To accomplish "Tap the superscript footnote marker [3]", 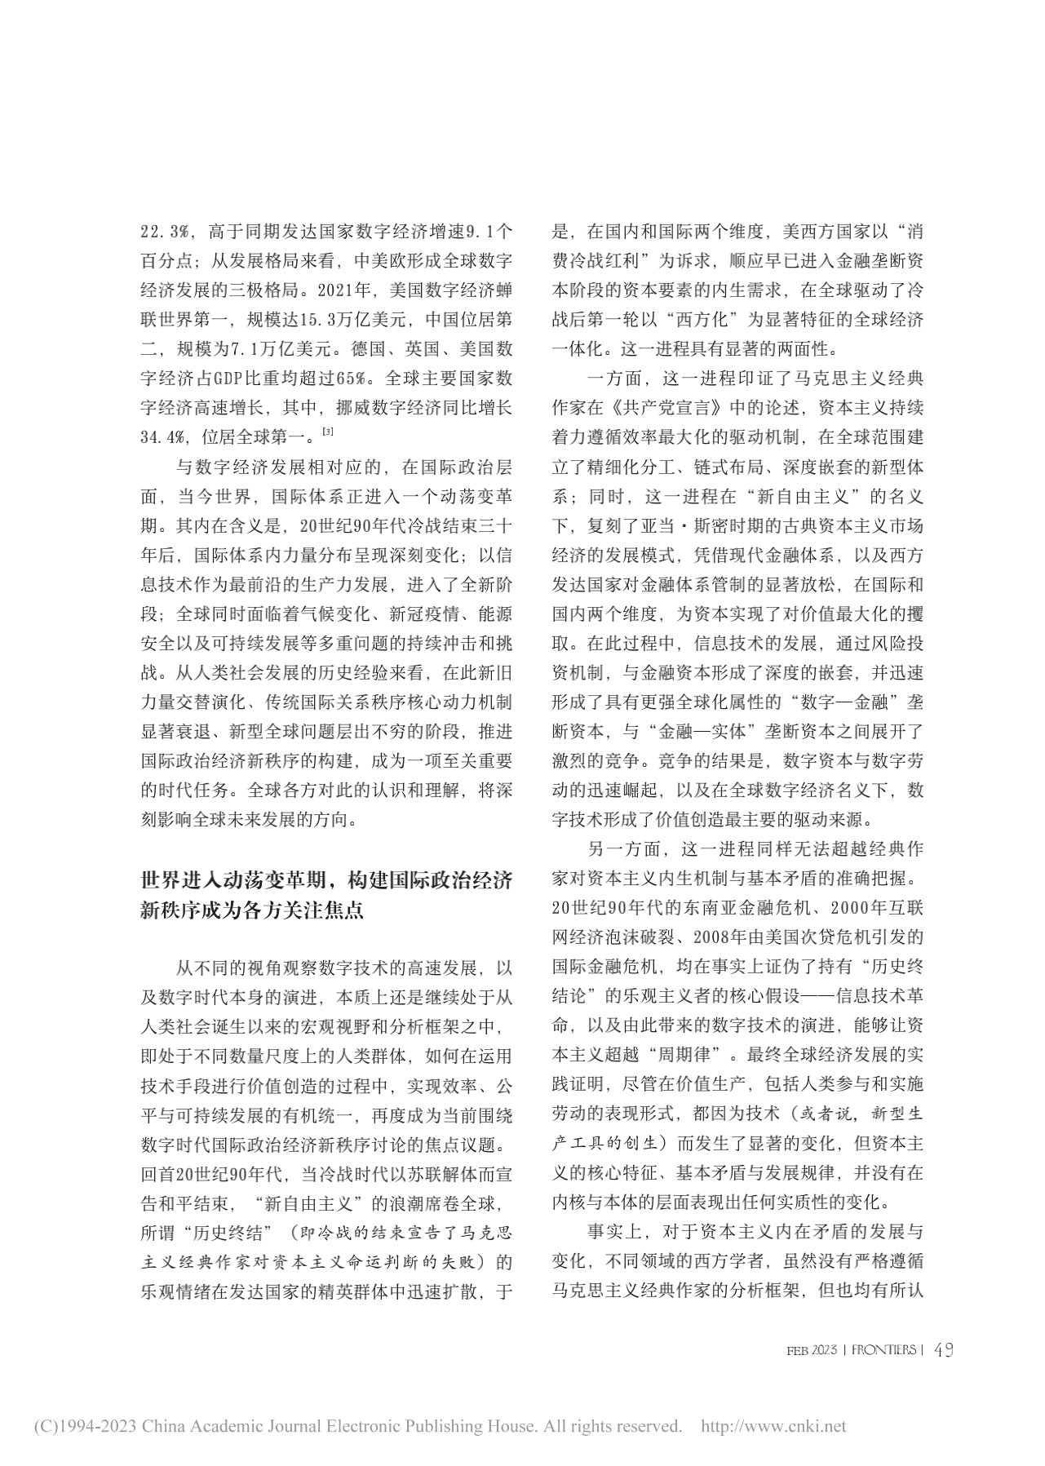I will click(327, 431).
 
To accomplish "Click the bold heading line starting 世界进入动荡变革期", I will click(326, 882).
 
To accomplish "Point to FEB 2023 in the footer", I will click(812, 1351).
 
